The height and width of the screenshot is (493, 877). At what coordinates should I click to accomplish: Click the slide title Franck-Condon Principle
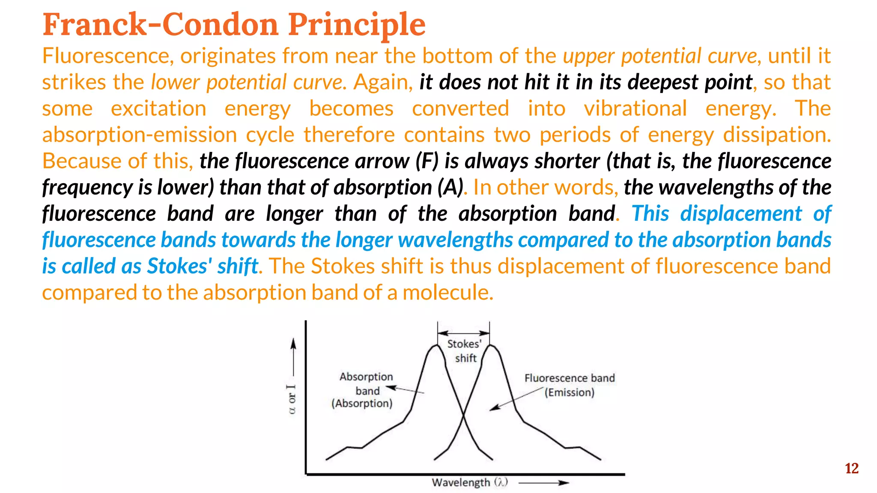(x=234, y=24)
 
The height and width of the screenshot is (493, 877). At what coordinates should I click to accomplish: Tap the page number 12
(x=851, y=469)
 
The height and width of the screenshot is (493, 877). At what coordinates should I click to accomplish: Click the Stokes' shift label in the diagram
(x=465, y=351)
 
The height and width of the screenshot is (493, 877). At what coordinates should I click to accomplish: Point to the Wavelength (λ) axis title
(x=469, y=482)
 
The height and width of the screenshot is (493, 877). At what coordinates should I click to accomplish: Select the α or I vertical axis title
(x=292, y=399)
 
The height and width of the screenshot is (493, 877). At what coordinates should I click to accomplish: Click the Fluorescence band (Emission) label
(x=570, y=385)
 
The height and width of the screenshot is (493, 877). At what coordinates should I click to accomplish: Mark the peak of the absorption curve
(x=436, y=345)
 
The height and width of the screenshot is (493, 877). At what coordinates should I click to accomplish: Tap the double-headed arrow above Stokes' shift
(x=463, y=333)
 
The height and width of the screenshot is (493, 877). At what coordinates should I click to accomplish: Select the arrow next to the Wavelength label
(x=544, y=483)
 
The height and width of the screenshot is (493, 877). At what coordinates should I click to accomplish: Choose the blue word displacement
(x=741, y=214)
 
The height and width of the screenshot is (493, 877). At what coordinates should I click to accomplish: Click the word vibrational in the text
(x=635, y=108)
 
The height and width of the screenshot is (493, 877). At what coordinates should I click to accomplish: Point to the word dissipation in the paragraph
(x=776, y=135)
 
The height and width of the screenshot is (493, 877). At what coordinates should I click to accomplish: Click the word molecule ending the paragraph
(x=447, y=293)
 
